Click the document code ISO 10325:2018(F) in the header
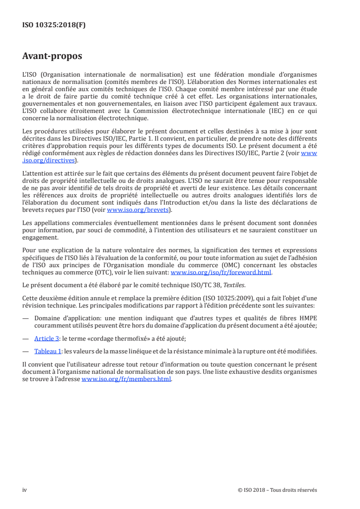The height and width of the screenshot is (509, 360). tap(54, 25)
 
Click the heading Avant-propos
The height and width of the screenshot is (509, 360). tap(52, 57)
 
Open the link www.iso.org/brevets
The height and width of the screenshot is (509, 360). tap(138, 210)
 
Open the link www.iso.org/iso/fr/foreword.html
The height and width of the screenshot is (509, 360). tap(221, 272)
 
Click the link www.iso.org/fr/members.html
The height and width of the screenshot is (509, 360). tap(126, 380)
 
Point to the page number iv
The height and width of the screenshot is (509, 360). tap(25, 490)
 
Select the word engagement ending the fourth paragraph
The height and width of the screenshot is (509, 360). tap(40, 237)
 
